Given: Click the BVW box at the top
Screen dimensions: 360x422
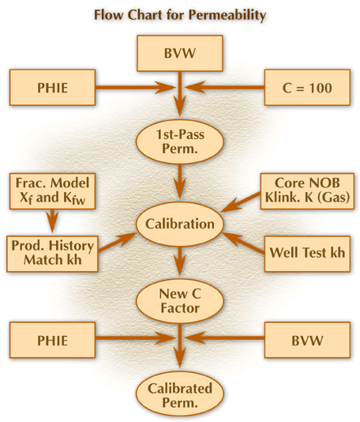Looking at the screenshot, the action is pos(179,53).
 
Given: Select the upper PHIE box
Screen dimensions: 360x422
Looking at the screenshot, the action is pos(52,88).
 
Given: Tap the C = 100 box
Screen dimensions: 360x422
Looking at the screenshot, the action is pos(307,88).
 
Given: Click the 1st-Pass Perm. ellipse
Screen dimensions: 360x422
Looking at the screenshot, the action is pos(180,141).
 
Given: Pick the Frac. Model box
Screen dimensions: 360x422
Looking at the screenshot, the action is pos(52,191).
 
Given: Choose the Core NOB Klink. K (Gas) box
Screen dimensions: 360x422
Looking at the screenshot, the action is pos(307,191).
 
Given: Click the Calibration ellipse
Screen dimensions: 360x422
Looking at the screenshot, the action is pos(180,224).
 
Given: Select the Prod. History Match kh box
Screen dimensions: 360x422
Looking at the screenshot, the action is pos(52,254).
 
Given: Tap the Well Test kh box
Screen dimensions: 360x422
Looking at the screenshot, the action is pos(307,254).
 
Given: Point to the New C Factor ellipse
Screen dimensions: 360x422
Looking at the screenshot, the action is pos(180,301).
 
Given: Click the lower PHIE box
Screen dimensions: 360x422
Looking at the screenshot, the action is pos(52,340).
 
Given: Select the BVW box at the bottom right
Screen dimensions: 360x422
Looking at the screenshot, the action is pos(307,340).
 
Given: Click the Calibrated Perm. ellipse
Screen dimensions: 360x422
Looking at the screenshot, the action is pos(180,396).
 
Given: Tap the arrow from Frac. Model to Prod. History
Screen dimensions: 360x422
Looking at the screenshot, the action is pos(53,220).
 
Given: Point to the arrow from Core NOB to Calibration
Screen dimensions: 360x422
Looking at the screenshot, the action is pos(241,202).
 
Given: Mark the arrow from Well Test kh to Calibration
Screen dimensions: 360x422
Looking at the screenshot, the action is pos(244,243).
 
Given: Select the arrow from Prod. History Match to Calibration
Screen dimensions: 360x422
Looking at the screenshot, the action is pos(117,243).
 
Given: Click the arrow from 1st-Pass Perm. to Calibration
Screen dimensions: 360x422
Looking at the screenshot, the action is pos(180,182).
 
